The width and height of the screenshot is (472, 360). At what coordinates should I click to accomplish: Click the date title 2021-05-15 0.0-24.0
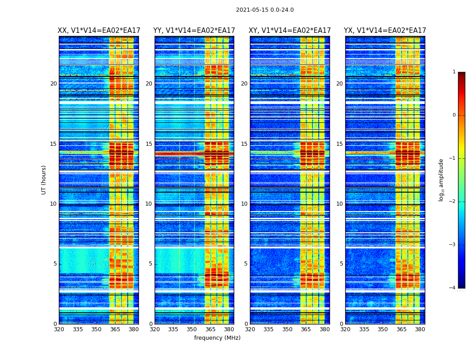265,10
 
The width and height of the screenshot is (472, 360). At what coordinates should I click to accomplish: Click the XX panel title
99,31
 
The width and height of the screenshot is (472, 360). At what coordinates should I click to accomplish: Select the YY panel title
194,31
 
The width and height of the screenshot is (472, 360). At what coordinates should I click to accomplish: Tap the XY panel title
290,31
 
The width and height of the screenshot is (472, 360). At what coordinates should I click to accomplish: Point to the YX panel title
385,31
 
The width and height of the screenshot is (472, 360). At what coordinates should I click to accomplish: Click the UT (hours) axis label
44,180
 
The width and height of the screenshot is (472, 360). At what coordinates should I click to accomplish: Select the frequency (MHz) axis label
217,338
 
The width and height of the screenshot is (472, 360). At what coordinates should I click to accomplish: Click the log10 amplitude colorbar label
441,180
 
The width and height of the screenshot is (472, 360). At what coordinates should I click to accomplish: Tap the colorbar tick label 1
454,72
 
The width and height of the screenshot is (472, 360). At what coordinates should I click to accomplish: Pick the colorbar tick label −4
453,288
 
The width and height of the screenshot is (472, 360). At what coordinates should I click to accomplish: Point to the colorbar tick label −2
453,202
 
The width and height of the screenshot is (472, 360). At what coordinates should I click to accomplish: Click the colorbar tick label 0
454,115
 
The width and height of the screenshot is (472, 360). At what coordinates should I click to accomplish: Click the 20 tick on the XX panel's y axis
53,84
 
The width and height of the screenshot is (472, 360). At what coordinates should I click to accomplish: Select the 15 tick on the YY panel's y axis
149,144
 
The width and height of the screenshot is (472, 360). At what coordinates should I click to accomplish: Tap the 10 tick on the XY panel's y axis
244,204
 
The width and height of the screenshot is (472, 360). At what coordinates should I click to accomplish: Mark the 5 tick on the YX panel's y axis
341,264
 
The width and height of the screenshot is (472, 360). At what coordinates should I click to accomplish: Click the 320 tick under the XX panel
59,329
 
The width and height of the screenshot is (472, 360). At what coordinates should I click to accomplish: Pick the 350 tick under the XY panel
287,329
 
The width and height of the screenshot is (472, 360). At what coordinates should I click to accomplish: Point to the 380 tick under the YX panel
420,329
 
